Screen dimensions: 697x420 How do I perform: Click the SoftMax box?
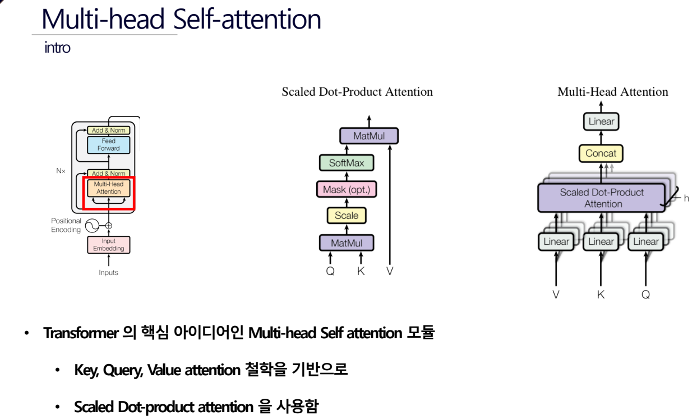[347, 164]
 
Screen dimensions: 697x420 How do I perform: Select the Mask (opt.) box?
[347, 189]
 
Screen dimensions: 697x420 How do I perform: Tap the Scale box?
[347, 215]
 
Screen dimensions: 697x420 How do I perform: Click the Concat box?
[601, 153]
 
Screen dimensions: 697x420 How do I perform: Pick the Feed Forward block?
[108, 144]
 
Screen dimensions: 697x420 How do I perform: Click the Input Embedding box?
[108, 245]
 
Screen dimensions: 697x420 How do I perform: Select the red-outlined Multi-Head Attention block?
[108, 189]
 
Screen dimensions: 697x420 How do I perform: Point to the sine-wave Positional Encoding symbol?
[92, 225]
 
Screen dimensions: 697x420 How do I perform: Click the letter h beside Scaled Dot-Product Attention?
[686, 198]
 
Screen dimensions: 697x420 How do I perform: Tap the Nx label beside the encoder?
[60, 170]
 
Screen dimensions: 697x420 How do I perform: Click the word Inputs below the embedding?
[109, 273]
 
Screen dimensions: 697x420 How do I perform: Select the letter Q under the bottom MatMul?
[330, 270]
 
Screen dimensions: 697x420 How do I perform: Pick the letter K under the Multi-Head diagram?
[601, 294]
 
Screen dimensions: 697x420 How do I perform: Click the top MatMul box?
[368, 136]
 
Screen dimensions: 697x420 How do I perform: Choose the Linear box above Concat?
[601, 121]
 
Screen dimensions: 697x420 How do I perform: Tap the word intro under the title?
[57, 48]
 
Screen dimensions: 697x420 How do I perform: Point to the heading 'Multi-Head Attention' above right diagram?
[612, 92]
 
